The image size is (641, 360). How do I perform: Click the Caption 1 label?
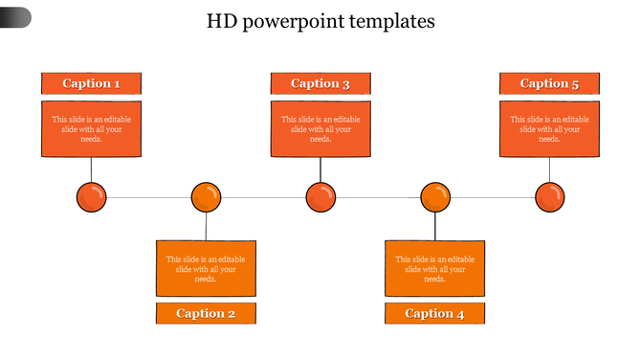91,83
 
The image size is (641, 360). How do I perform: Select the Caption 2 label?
206,313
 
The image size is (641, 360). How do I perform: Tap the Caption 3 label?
320,83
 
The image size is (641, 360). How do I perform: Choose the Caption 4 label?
434,313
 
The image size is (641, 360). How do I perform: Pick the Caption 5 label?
549,83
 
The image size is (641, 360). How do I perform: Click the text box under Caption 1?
91,129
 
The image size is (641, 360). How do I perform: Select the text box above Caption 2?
206,268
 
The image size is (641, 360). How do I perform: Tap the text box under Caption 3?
320,129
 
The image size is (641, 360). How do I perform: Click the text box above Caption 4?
434,268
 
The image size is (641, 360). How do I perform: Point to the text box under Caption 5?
549,129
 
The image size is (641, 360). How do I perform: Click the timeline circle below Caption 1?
91,198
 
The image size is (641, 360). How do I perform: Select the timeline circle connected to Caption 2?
206,198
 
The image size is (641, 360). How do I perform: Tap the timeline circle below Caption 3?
320,198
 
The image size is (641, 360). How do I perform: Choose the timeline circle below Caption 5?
549,198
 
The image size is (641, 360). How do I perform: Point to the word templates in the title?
389,21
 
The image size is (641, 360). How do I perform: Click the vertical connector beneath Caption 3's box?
320,169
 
